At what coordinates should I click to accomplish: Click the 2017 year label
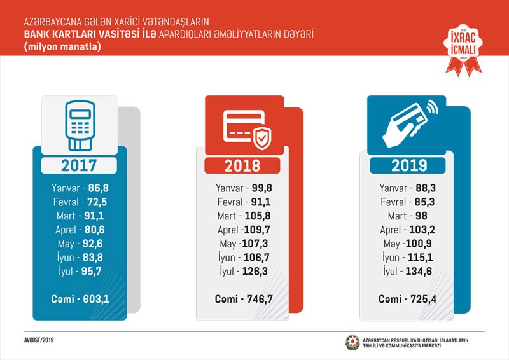pyautogui.click(x=79, y=165)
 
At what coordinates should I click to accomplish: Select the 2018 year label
pyautogui.click(x=242, y=165)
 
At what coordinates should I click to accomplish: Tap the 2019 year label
pyautogui.click(x=408, y=165)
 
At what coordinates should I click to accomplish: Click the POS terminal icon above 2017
pyautogui.click(x=80, y=121)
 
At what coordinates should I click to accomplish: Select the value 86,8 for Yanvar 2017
pyautogui.click(x=99, y=188)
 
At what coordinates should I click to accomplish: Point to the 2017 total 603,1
pyautogui.click(x=99, y=299)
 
